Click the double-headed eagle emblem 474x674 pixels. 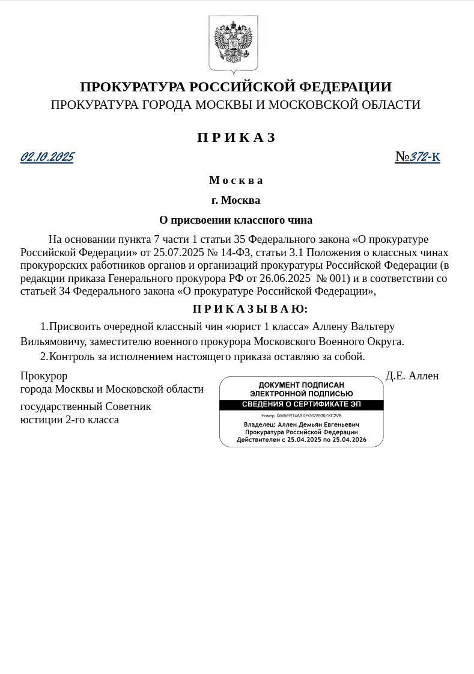click(x=233, y=44)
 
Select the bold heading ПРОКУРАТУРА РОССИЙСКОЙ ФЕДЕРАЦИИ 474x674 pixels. click(x=235, y=87)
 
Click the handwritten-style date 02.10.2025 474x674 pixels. click(x=47, y=158)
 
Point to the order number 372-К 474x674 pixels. click(x=425, y=158)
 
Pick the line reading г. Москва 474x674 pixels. click(x=235, y=200)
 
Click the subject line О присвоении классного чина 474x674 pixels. click(x=235, y=220)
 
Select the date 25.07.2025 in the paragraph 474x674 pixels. click(x=178, y=252)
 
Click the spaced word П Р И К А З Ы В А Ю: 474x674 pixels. click(x=250, y=309)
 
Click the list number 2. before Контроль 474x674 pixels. click(x=44, y=357)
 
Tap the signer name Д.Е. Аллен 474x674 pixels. click(x=412, y=376)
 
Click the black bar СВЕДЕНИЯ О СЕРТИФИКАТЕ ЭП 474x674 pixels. click(x=301, y=405)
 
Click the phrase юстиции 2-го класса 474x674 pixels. click(x=70, y=420)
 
